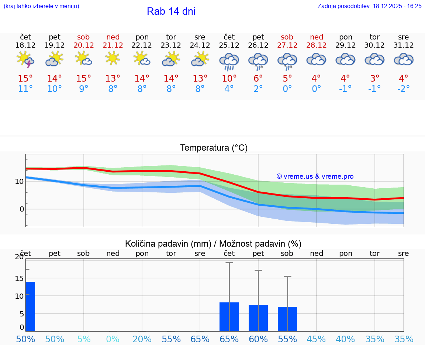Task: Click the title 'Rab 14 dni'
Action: point(171,11)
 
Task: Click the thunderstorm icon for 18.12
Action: point(25,59)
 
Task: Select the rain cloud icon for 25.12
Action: point(229,61)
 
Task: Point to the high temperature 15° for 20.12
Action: point(84,79)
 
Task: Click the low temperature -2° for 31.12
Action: point(404,89)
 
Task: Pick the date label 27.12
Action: point(287,45)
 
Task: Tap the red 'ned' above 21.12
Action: point(113,37)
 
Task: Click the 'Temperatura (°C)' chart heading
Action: point(214,148)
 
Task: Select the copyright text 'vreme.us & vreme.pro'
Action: point(315,176)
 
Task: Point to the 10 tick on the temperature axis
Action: point(19,181)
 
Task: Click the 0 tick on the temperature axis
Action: point(21,209)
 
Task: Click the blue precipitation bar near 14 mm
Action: point(30,306)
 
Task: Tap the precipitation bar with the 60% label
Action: point(258,318)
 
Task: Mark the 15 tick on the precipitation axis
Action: point(19,278)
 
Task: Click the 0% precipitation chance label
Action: point(113,339)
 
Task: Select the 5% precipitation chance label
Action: point(84,339)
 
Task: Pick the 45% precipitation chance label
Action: point(316,339)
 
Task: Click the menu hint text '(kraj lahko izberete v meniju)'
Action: point(41,6)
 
